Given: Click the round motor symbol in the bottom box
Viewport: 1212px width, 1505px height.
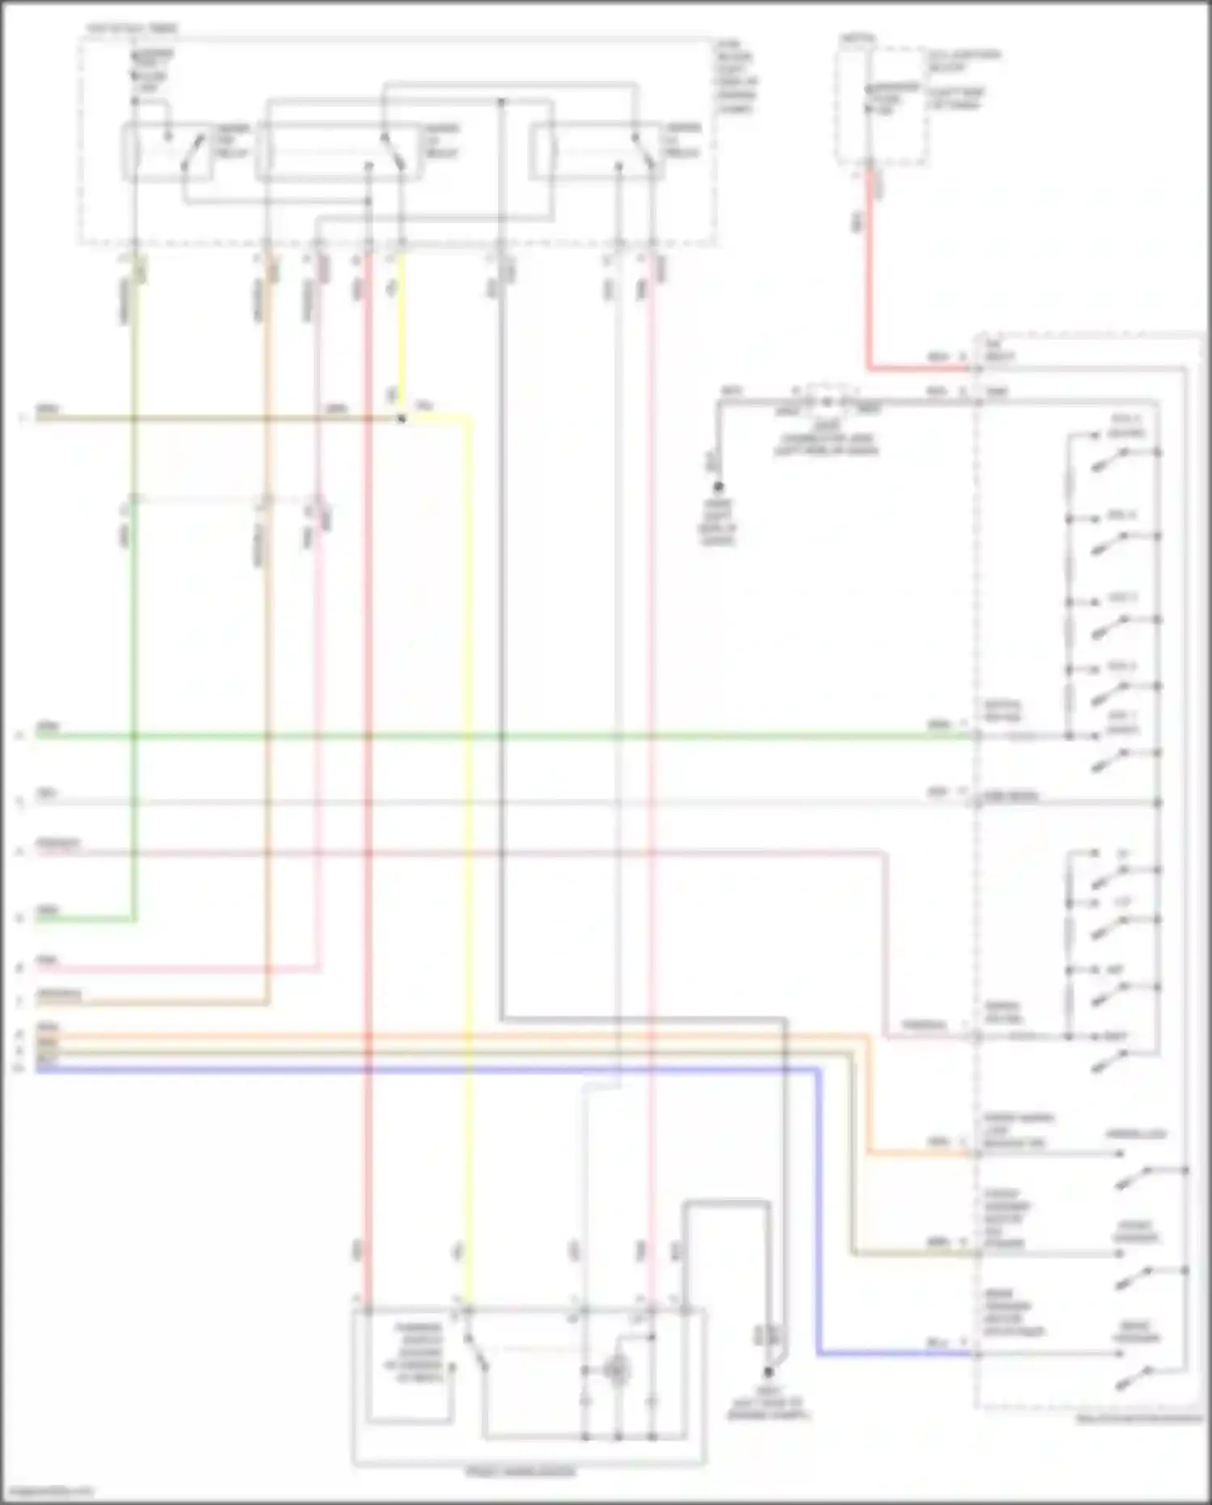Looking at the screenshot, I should (617, 1370).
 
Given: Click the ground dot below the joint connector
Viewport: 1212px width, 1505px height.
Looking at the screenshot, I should (717, 487).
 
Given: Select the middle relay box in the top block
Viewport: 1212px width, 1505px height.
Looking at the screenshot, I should (340, 152).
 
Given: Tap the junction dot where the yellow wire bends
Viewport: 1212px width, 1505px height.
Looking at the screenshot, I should (402, 419).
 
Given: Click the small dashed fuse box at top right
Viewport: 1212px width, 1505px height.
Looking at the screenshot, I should (881, 105).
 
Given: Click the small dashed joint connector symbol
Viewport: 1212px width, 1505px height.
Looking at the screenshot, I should (826, 402).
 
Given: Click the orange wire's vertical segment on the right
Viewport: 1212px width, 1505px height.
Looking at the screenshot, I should (870, 1092).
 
